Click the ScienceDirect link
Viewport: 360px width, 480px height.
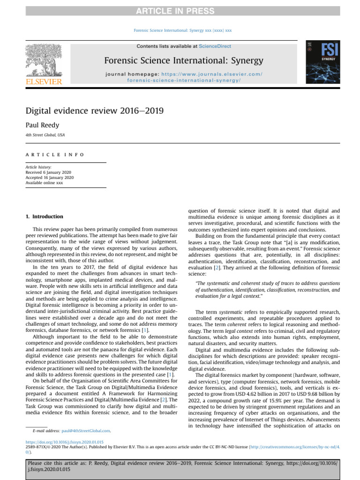[215, 46]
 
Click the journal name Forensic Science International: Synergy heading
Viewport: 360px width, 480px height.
[183, 61]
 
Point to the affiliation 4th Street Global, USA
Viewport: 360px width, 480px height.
[45, 135]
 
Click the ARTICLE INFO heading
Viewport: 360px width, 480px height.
[54, 154]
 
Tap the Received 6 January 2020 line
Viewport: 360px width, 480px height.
[49, 172]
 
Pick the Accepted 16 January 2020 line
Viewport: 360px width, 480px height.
[49, 178]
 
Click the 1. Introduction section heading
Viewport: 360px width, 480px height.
[44, 217]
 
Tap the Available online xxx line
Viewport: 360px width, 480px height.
[45, 183]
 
